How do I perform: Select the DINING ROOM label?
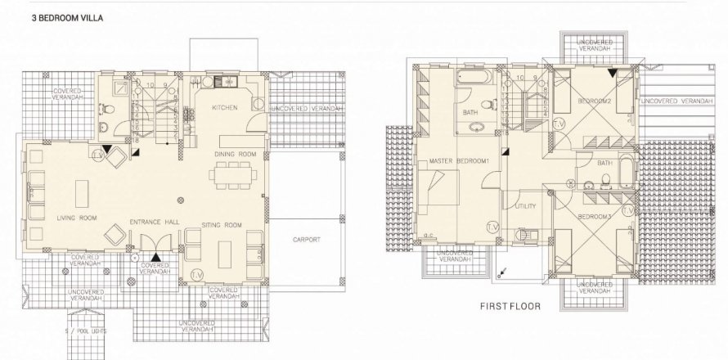236,154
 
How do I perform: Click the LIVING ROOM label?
77,218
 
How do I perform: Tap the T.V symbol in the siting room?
196,273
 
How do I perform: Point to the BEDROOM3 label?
595,216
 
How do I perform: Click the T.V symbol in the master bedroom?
492,226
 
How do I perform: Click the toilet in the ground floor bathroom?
106,127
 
